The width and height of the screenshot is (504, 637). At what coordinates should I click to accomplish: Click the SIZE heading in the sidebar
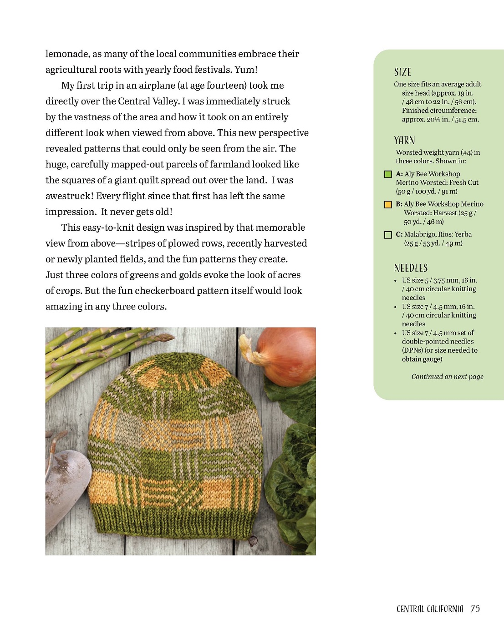[x=402, y=72]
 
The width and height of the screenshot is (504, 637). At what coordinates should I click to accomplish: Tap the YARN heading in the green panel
[x=404, y=140]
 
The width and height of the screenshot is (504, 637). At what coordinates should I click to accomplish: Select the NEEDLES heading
[x=411, y=268]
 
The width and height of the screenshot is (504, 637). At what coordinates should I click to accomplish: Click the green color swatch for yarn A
[x=388, y=174]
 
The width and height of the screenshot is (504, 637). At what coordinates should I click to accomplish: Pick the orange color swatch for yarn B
[x=388, y=205]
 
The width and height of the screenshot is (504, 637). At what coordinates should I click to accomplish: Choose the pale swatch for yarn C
[x=388, y=235]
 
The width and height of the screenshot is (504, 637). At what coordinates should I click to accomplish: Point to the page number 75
[x=475, y=609]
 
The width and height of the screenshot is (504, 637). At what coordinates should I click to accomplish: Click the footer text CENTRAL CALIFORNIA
[x=430, y=609]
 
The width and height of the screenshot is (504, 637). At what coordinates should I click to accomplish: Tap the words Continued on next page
[x=447, y=377]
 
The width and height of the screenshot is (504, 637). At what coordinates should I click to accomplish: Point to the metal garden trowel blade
[x=66, y=482]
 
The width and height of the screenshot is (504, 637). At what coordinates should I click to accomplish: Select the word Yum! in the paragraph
[x=246, y=70]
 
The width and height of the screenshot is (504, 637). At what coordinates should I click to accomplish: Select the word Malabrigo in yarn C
[x=420, y=234]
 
